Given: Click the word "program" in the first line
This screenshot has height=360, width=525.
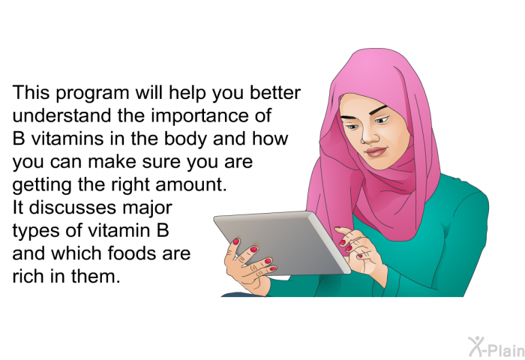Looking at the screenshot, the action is pyautogui.click(x=92, y=94).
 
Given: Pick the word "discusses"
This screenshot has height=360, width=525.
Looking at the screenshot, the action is pyautogui.click(x=73, y=208).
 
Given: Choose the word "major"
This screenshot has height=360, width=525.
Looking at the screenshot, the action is pyautogui.click(x=147, y=209).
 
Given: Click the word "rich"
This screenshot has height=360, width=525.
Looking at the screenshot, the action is pyautogui.click(x=28, y=276).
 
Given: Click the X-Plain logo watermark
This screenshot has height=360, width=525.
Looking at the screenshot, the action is pyautogui.click(x=496, y=347).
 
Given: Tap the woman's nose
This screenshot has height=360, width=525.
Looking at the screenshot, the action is pyautogui.click(x=368, y=136).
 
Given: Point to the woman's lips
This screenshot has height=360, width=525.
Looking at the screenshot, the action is pyautogui.click(x=376, y=151).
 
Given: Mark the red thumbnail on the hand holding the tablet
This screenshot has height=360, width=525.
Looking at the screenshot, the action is pyautogui.click(x=236, y=241).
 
